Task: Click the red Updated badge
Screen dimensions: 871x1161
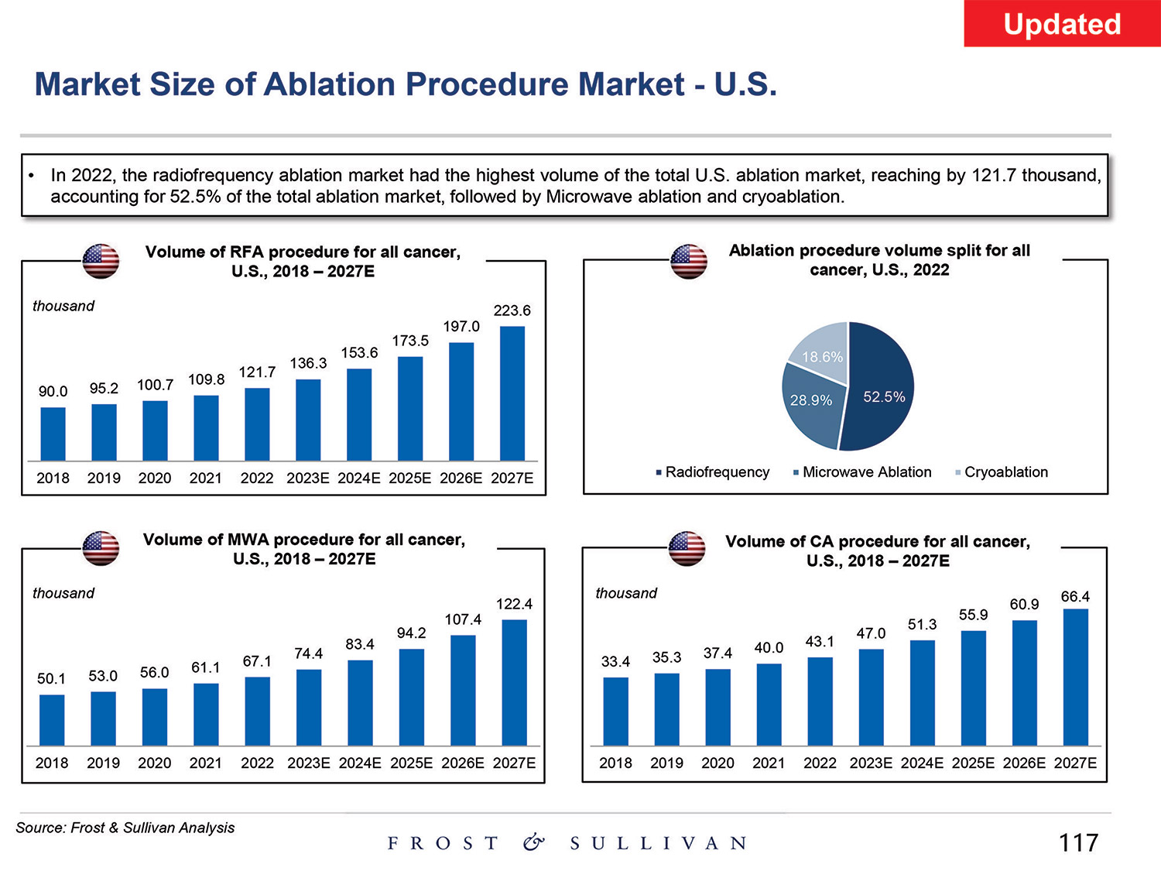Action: [x=1062, y=24]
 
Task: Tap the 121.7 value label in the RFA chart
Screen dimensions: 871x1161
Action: [x=257, y=372]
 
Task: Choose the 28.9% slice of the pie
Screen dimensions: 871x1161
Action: [x=811, y=406]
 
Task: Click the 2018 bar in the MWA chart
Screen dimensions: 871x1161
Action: [x=52, y=720]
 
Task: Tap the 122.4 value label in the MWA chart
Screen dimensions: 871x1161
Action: [x=514, y=604]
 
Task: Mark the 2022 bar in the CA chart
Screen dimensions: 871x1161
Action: [x=820, y=701]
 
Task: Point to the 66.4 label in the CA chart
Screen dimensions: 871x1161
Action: [x=1075, y=597]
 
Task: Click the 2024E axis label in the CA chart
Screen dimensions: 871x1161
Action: [x=922, y=763]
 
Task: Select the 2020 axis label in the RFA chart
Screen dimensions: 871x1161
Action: [x=155, y=478]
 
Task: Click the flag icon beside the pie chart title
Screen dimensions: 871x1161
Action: [x=689, y=261]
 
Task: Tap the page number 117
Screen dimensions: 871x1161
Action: [x=1078, y=842]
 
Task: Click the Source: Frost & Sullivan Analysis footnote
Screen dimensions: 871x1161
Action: [x=125, y=828]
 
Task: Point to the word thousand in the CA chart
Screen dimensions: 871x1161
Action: [x=625, y=593]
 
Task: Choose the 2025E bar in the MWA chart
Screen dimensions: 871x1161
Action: [x=412, y=697]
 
